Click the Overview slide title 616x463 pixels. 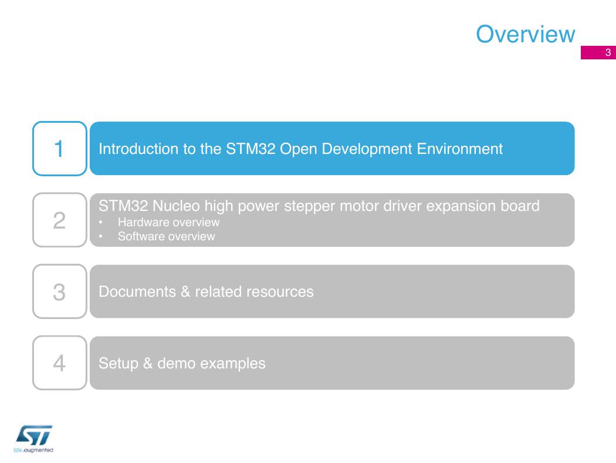(525, 34)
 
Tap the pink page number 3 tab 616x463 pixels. (598, 53)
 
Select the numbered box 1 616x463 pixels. (60, 149)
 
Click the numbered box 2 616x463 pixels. (60, 220)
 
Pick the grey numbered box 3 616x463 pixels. (60, 291)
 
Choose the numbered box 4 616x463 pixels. (60, 363)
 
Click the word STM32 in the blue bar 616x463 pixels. (251, 149)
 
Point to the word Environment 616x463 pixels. (459, 149)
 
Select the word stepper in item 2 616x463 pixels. (310, 206)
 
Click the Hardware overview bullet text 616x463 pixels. (168, 222)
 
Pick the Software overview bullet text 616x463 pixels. (166, 236)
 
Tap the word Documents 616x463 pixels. (137, 292)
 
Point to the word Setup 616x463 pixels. (119, 364)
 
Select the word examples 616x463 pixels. (233, 364)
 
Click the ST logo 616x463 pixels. (34, 435)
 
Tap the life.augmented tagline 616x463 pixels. (33, 450)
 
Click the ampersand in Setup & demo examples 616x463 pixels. (148, 364)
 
